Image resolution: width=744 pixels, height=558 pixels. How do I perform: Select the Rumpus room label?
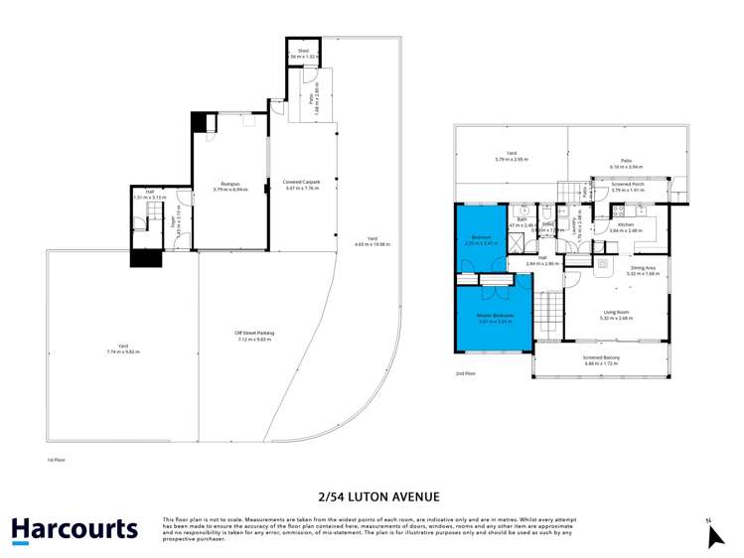(231, 184)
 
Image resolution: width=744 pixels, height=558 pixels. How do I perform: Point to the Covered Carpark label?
(302, 184)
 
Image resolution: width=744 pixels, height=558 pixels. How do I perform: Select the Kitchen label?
(626, 226)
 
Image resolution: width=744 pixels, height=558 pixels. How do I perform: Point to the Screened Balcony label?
(600, 361)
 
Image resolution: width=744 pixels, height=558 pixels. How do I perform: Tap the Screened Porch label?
(628, 186)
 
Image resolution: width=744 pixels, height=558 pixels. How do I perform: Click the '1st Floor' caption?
(56, 461)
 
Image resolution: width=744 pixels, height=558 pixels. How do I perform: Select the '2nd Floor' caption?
(465, 374)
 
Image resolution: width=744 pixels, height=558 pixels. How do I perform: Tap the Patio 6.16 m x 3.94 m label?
(626, 165)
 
